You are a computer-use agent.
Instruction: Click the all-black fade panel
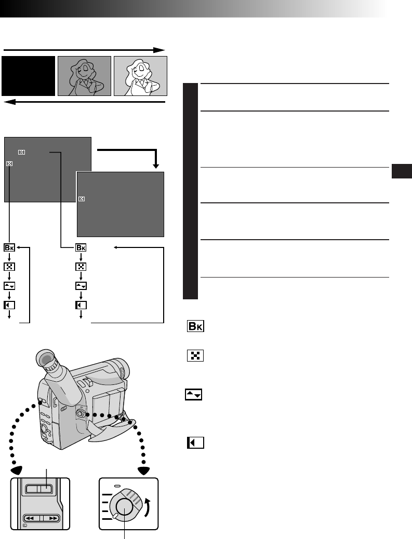(29, 76)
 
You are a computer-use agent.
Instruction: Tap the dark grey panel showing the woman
(85, 76)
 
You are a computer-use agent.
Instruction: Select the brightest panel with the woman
(140, 76)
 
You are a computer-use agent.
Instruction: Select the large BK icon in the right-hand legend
(195, 326)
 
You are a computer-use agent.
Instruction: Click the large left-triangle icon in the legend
(195, 443)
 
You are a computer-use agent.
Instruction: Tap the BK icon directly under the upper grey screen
(10, 247)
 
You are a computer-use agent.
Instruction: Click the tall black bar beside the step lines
(190, 191)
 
